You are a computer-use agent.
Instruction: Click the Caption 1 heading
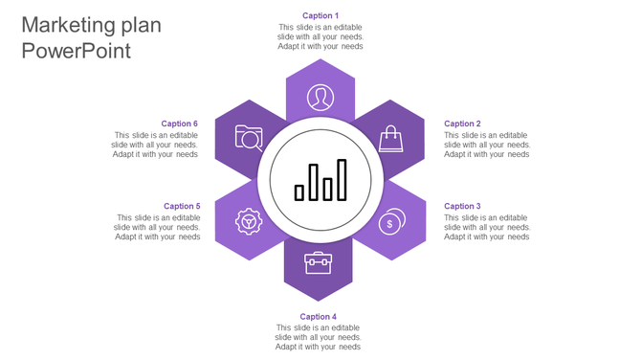(x=320, y=15)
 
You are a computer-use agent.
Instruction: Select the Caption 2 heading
(x=462, y=124)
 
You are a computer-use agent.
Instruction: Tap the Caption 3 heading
(x=462, y=206)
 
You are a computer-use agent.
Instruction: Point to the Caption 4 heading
(x=318, y=316)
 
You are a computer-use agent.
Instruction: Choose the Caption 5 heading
(x=182, y=206)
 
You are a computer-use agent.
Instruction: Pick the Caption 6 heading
(x=179, y=124)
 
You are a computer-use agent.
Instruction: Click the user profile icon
(x=320, y=97)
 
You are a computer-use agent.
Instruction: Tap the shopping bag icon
(x=390, y=140)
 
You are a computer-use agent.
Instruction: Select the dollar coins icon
(x=390, y=222)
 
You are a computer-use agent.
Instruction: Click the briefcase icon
(x=318, y=261)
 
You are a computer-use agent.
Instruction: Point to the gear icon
(x=249, y=222)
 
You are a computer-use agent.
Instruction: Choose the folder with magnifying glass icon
(x=249, y=139)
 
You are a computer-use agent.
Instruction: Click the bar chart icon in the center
(x=320, y=180)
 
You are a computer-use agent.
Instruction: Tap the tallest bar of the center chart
(x=342, y=180)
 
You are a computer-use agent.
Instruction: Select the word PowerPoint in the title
(x=76, y=52)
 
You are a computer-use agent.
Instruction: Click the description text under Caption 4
(x=318, y=337)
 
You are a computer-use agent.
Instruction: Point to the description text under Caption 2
(x=486, y=145)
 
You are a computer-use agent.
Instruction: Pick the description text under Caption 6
(x=155, y=145)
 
